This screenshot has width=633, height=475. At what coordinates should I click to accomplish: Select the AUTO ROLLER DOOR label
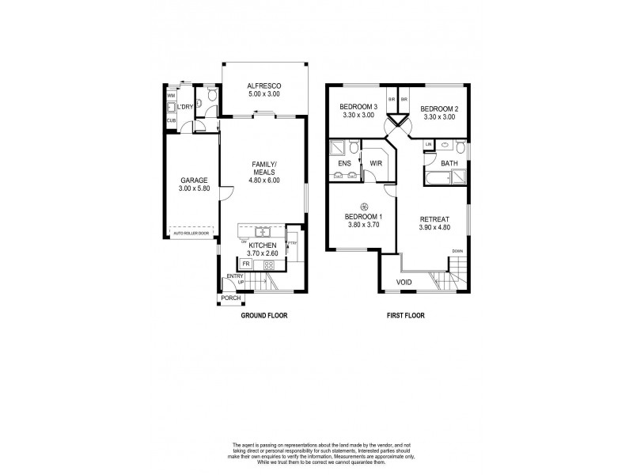pyautogui.click(x=191, y=234)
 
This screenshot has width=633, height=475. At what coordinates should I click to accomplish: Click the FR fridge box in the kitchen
pyautogui.click(x=246, y=263)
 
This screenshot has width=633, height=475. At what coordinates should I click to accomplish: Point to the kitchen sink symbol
pyautogui.click(x=260, y=232)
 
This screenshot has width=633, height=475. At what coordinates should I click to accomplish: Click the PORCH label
pyautogui.click(x=230, y=298)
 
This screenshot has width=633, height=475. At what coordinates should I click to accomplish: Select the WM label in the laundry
pyautogui.click(x=171, y=95)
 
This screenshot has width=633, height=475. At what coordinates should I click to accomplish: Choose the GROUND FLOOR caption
pyautogui.click(x=263, y=315)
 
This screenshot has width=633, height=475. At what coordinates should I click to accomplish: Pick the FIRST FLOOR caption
pyautogui.click(x=405, y=315)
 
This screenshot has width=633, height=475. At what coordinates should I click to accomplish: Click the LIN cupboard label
pyautogui.click(x=428, y=144)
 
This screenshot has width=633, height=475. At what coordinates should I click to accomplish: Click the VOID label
pyautogui.click(x=404, y=281)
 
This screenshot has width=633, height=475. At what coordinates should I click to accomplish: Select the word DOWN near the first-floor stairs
pyautogui.click(x=457, y=251)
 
